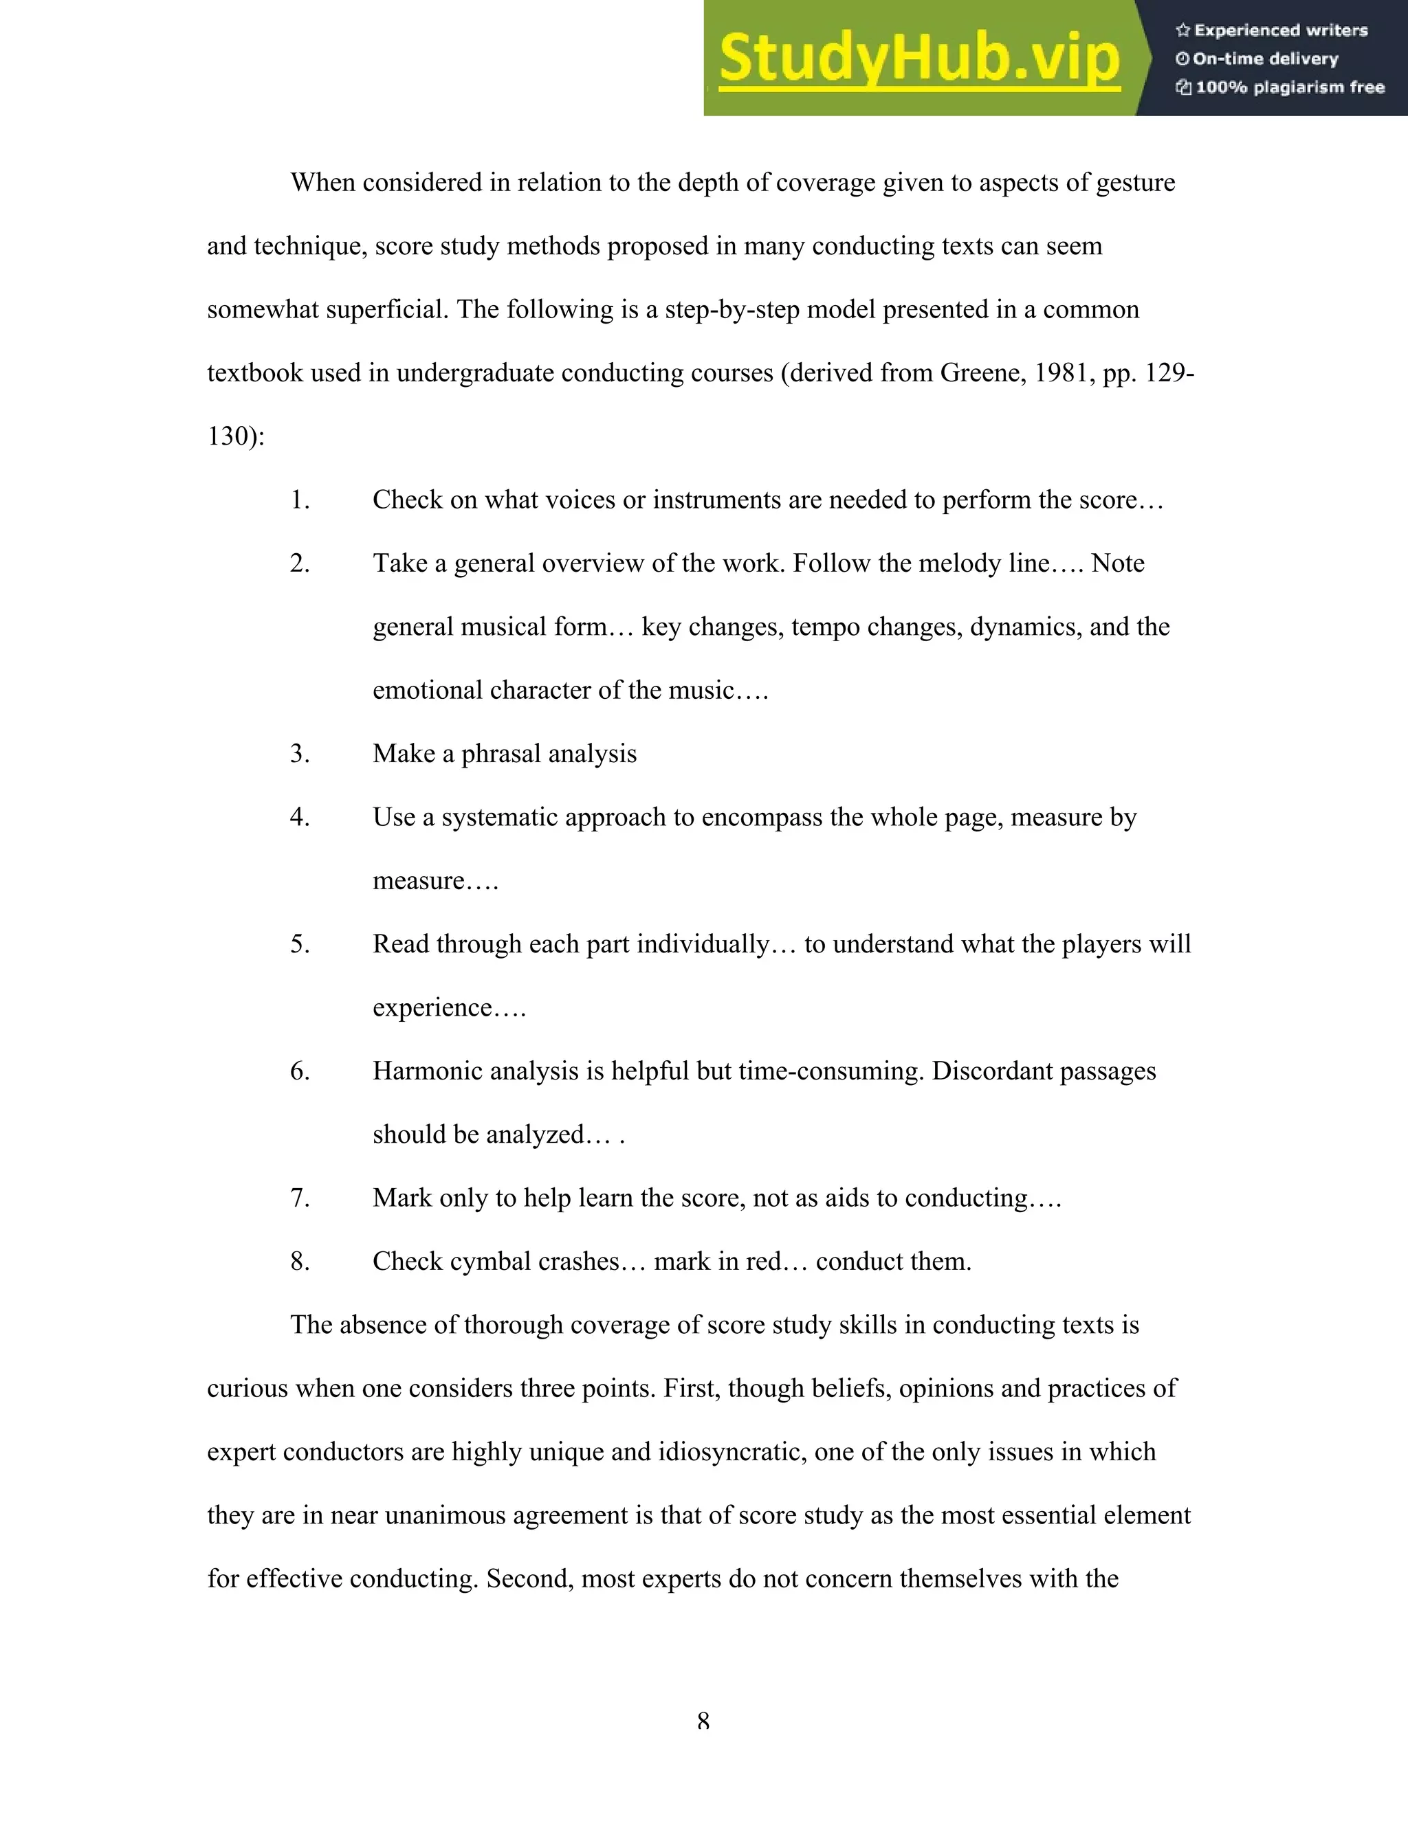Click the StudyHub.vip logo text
[918, 58]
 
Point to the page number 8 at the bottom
[703, 1721]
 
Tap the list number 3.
[300, 754]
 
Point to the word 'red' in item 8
[763, 1262]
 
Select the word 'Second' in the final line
[529, 1579]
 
